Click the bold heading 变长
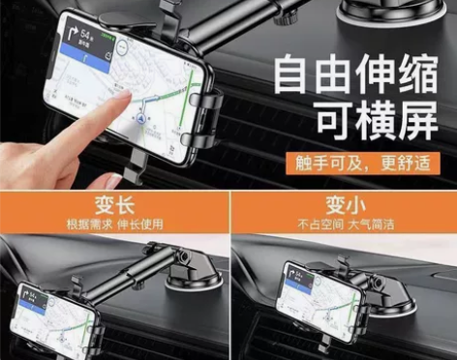click(114, 206)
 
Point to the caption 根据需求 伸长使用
click(114, 225)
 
